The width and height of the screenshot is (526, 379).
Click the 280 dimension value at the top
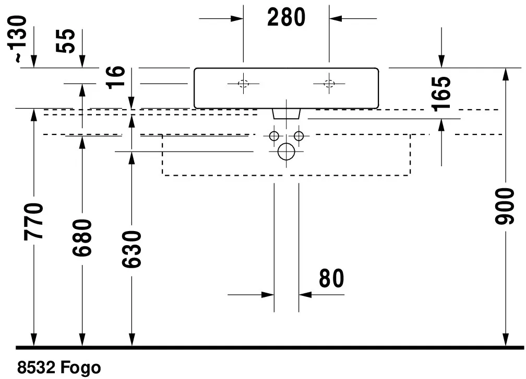[286, 17]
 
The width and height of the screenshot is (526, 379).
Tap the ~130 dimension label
[17, 38]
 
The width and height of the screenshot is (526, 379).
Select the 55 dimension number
[65, 41]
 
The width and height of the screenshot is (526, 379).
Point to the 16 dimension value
[115, 77]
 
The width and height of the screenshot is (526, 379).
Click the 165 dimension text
[441, 94]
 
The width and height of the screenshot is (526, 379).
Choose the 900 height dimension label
[505, 206]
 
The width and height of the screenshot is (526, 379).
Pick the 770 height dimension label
[33, 222]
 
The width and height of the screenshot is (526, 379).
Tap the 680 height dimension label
[82, 237]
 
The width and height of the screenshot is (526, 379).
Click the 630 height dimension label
[131, 249]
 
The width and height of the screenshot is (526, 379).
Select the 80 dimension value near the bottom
[331, 278]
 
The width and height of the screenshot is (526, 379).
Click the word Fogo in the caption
[80, 368]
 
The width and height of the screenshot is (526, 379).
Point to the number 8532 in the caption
[36, 367]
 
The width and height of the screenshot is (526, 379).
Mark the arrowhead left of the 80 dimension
[268, 295]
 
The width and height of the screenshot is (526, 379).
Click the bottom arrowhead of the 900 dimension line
[505, 340]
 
